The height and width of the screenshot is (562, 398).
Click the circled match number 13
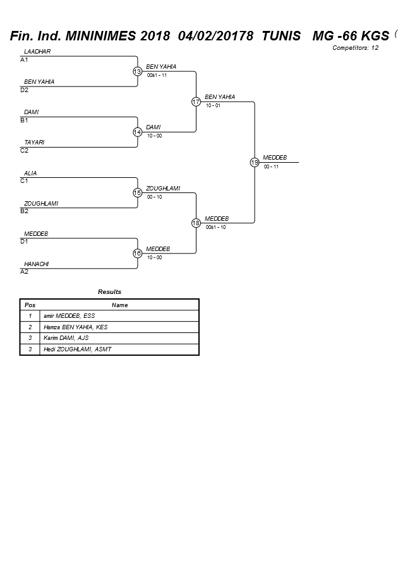pos(137,71)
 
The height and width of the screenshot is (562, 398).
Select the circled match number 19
pos(255,162)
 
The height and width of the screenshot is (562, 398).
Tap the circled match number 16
pos(137,254)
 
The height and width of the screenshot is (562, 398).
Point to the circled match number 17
pos(196,102)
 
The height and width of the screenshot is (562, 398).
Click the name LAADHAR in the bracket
pos(37,52)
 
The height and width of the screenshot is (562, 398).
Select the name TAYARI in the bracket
pos(34,143)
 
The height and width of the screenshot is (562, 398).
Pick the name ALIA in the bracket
pos(30,173)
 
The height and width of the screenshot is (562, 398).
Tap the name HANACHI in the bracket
pos(36,264)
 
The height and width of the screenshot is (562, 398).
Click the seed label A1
pos(24,60)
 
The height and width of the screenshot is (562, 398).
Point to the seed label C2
pos(24,151)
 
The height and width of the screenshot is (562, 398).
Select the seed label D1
pos(24,241)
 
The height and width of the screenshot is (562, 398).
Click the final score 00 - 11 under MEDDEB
pos(271,167)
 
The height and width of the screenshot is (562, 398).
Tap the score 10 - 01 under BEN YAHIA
pos(213,105)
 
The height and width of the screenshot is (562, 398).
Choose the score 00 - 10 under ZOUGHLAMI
pos(154,197)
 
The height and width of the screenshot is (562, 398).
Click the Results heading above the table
pos(109,292)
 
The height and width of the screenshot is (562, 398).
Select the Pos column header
pos(30,305)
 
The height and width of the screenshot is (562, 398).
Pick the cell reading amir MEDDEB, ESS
pos(69,316)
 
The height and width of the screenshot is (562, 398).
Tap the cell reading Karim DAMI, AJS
pos(66,338)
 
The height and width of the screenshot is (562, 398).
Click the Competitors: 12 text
pos(355,48)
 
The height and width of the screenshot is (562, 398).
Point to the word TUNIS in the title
pos(281,36)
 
